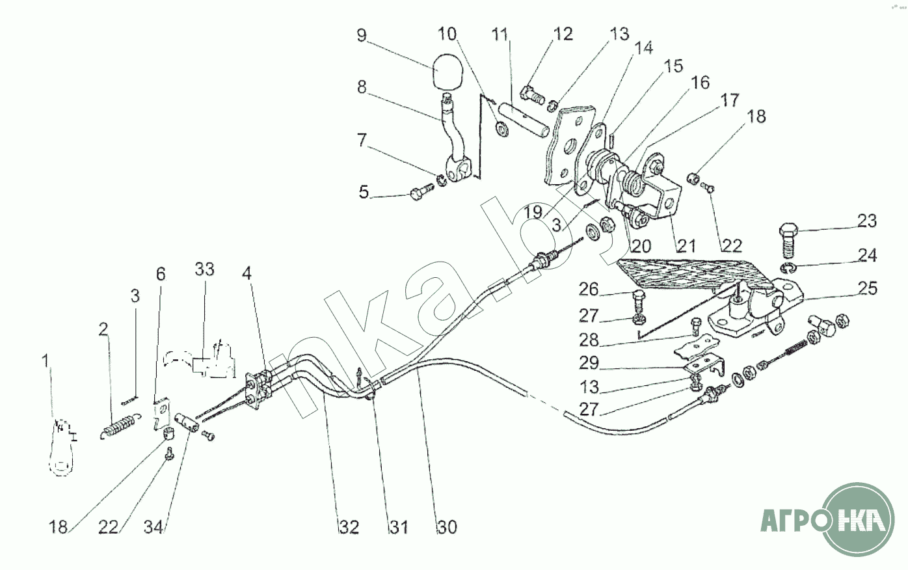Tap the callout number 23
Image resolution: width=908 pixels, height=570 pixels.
[x=866, y=221]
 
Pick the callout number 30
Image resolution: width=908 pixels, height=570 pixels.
[x=447, y=527]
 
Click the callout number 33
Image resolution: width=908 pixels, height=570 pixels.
[x=204, y=269]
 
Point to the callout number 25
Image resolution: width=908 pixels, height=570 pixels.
[x=867, y=288]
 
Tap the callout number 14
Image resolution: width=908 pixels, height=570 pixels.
[x=644, y=49]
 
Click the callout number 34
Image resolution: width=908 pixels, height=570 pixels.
[x=154, y=527]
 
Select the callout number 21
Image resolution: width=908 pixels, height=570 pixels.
[x=686, y=245]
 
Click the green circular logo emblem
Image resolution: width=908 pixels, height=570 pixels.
[x=857, y=519]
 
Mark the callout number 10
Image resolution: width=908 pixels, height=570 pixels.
[x=465, y=34]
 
